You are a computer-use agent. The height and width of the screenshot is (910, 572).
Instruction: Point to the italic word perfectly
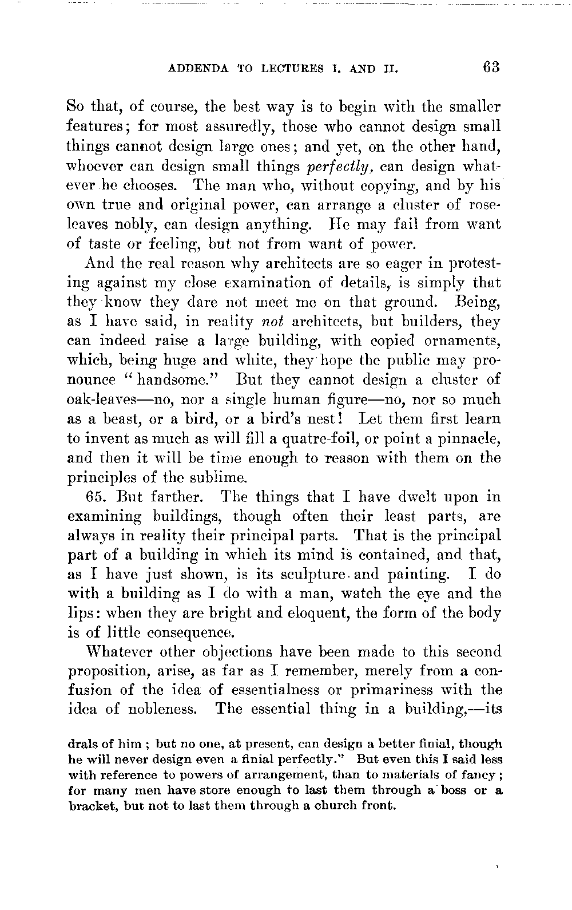coord(340,168)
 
